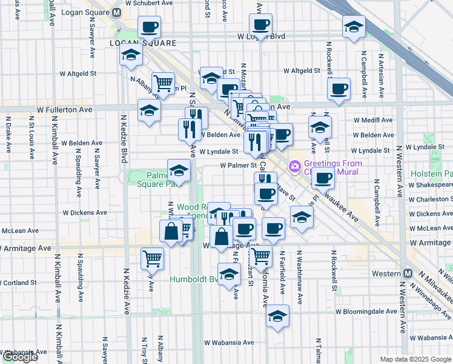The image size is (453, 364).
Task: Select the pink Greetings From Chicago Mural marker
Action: [295, 165]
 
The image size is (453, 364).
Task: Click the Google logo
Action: [19, 357]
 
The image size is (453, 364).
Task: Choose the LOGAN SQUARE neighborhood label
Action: [143, 44]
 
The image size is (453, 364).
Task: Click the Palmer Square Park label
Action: [154, 178]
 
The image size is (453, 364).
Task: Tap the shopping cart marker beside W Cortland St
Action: [152, 258]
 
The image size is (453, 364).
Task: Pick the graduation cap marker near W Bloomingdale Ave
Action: [277, 315]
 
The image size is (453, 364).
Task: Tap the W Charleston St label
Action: [431, 199]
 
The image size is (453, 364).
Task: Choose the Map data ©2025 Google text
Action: [415, 359]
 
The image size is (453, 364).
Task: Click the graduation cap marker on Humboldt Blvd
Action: [229, 275]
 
